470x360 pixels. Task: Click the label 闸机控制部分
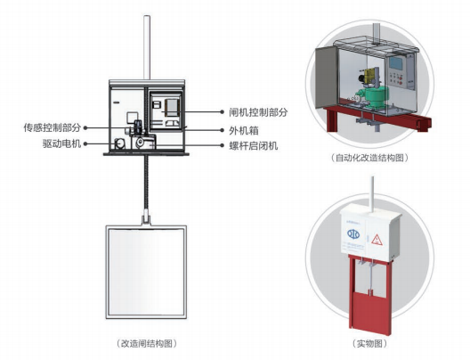pos(258,112)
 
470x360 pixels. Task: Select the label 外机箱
pos(244,130)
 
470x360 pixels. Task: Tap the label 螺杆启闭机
pos(254,146)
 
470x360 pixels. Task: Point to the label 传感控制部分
pos(53,127)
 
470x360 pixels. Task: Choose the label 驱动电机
pos(61,143)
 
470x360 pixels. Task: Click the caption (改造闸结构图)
pos(146,343)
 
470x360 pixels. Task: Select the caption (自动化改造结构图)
pos(370,158)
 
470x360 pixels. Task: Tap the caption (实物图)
pos(369,343)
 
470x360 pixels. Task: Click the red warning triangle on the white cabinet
pos(377,240)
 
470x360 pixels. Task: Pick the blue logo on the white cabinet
pos(353,234)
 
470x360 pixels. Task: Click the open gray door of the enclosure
pos(326,77)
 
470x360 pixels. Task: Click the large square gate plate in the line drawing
pos(146,272)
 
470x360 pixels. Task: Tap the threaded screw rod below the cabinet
pos(146,183)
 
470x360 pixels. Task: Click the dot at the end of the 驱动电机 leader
pos(85,144)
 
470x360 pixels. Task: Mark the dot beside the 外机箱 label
pos(223,130)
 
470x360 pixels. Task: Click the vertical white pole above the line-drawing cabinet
pos(147,47)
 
